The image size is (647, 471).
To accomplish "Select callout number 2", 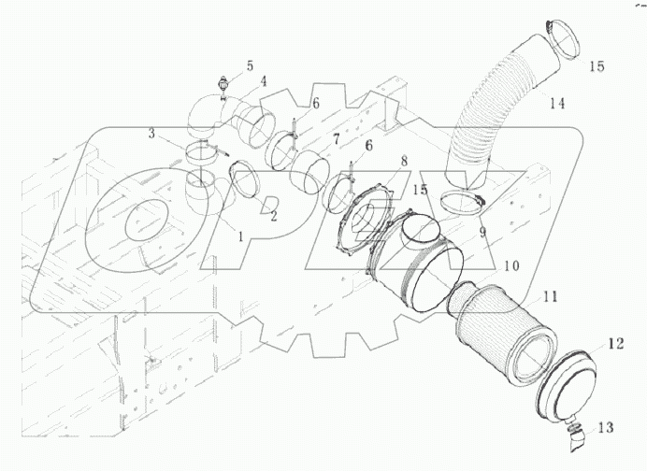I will click(273, 216).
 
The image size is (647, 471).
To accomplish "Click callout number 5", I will click(250, 65).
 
